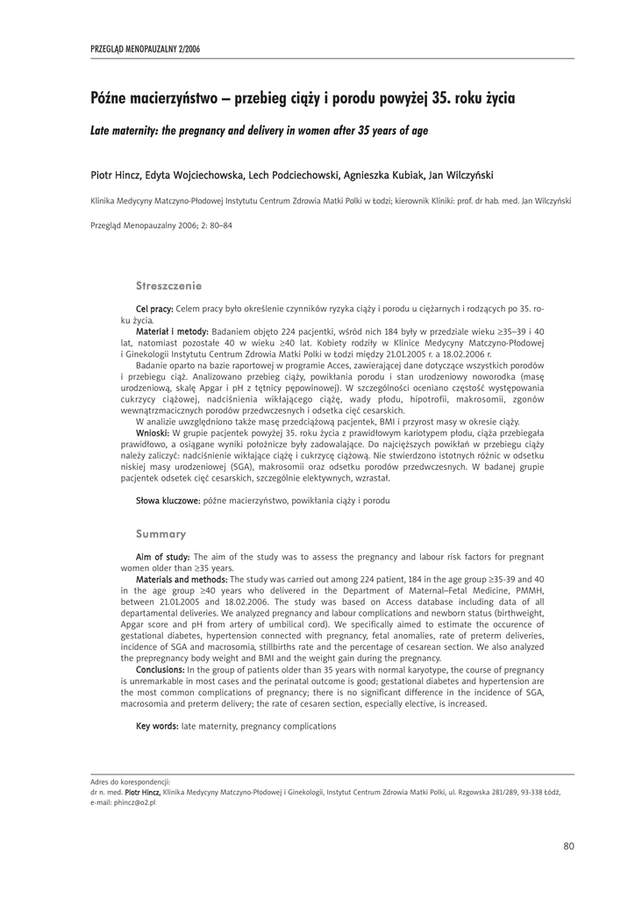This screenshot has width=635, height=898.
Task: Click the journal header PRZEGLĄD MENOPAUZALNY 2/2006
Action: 146,49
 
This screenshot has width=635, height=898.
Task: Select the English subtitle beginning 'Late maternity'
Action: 260,131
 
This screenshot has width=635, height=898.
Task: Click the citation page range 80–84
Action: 218,225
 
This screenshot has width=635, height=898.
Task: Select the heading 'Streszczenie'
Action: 169,286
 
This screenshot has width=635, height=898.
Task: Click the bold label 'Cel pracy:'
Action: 154,310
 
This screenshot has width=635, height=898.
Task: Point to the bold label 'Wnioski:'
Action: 154,434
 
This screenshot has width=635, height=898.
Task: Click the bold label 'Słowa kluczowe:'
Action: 168,500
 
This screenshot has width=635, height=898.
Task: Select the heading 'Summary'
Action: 161,534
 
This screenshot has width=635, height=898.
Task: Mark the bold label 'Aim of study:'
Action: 162,558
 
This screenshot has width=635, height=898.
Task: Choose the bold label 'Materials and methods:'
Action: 182,579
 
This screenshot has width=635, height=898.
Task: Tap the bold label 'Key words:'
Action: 157,727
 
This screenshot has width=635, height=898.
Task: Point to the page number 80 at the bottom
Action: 568,846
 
